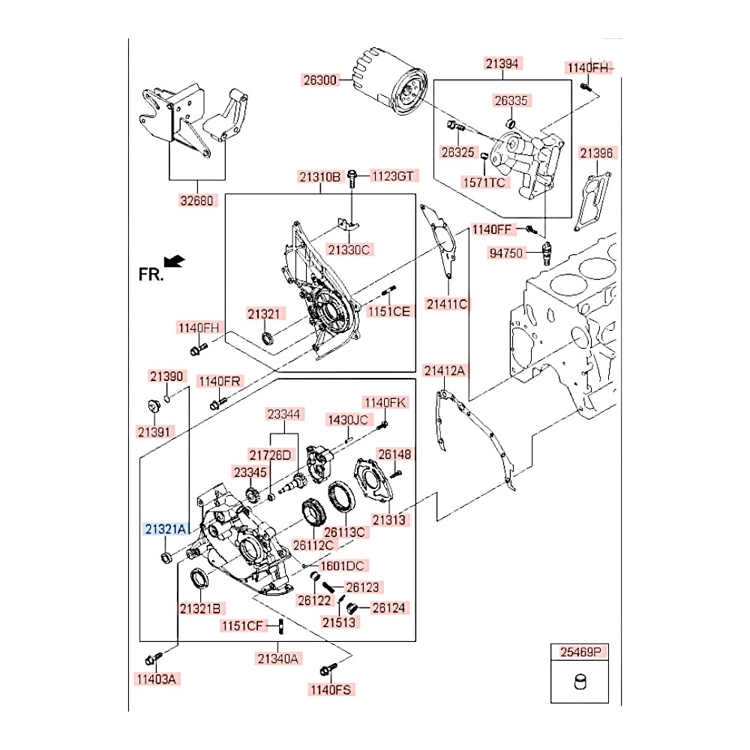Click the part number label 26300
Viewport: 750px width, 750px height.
pyautogui.click(x=321, y=78)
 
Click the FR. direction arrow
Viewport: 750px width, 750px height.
pyautogui.click(x=174, y=260)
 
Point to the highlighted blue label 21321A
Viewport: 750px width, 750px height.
pyautogui.click(x=165, y=529)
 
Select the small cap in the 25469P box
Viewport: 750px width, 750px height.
pyautogui.click(x=578, y=684)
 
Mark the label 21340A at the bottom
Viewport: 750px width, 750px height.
pyautogui.click(x=277, y=659)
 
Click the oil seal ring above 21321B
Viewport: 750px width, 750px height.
pyautogui.click(x=199, y=580)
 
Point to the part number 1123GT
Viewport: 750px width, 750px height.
pyautogui.click(x=393, y=176)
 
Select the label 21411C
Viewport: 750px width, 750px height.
pyautogui.click(x=447, y=304)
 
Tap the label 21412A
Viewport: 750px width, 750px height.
pyautogui.click(x=445, y=370)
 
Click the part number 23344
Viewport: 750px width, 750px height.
pyautogui.click(x=284, y=413)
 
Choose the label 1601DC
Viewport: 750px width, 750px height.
pyautogui.click(x=342, y=566)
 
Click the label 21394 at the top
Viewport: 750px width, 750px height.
pyautogui.click(x=502, y=64)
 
